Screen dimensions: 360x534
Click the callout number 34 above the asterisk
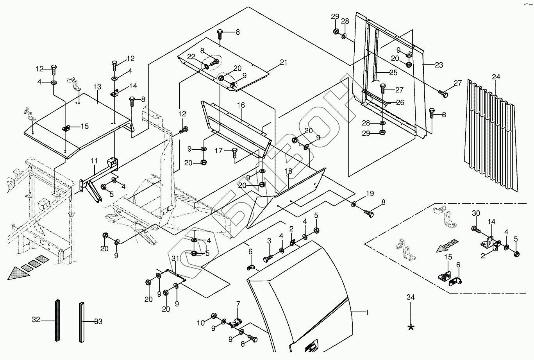pos(411,298)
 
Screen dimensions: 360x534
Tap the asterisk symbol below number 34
pos(411,327)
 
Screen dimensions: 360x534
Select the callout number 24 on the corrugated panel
pos(496,77)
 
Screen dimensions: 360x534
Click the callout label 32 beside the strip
pos(36,321)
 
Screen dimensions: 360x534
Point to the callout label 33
pos(98,321)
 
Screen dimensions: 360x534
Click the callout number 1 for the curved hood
pos(367,312)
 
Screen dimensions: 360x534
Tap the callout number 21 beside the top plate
pos(283,63)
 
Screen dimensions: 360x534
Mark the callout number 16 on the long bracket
pos(241,105)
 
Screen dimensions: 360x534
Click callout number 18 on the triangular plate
pos(288,171)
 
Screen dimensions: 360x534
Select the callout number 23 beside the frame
pos(439,65)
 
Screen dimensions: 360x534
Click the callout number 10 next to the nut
pos(201,322)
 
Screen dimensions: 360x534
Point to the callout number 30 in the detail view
pos(475,213)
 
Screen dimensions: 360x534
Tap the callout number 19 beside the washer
pos(370,193)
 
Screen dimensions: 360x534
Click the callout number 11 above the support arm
pos(94,161)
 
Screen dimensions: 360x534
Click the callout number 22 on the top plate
pos(191,56)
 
